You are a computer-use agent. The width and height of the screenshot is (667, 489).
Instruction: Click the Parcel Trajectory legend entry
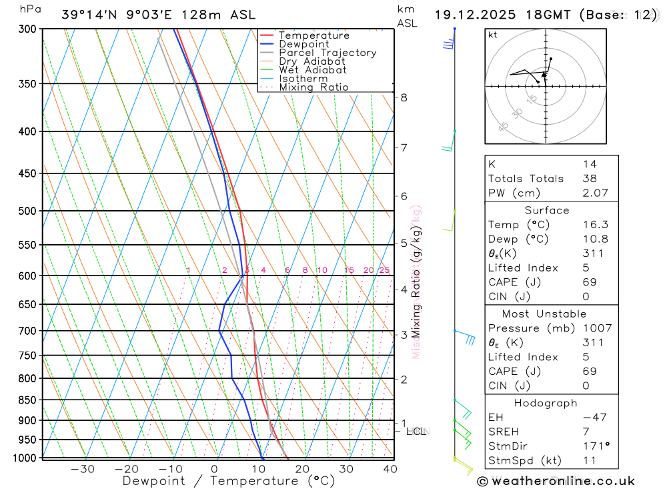pos(327,53)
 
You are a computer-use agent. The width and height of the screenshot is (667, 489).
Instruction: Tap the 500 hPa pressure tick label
pos(27,211)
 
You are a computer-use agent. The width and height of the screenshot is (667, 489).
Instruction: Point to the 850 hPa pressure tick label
pos(27,400)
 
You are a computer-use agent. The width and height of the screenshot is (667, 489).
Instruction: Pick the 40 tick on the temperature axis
pos(390,469)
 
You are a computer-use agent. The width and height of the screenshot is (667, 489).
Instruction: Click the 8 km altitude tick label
pos(404,97)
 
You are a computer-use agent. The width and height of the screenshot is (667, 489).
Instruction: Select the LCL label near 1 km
pos(416,432)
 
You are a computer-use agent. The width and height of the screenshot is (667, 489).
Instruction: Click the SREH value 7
pos(585,432)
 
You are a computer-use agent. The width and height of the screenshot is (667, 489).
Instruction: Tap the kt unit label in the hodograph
pos(493,35)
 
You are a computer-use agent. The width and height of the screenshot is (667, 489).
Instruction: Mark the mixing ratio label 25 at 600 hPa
pos(384,270)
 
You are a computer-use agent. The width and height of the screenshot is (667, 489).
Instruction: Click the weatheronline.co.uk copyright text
pos(556,481)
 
